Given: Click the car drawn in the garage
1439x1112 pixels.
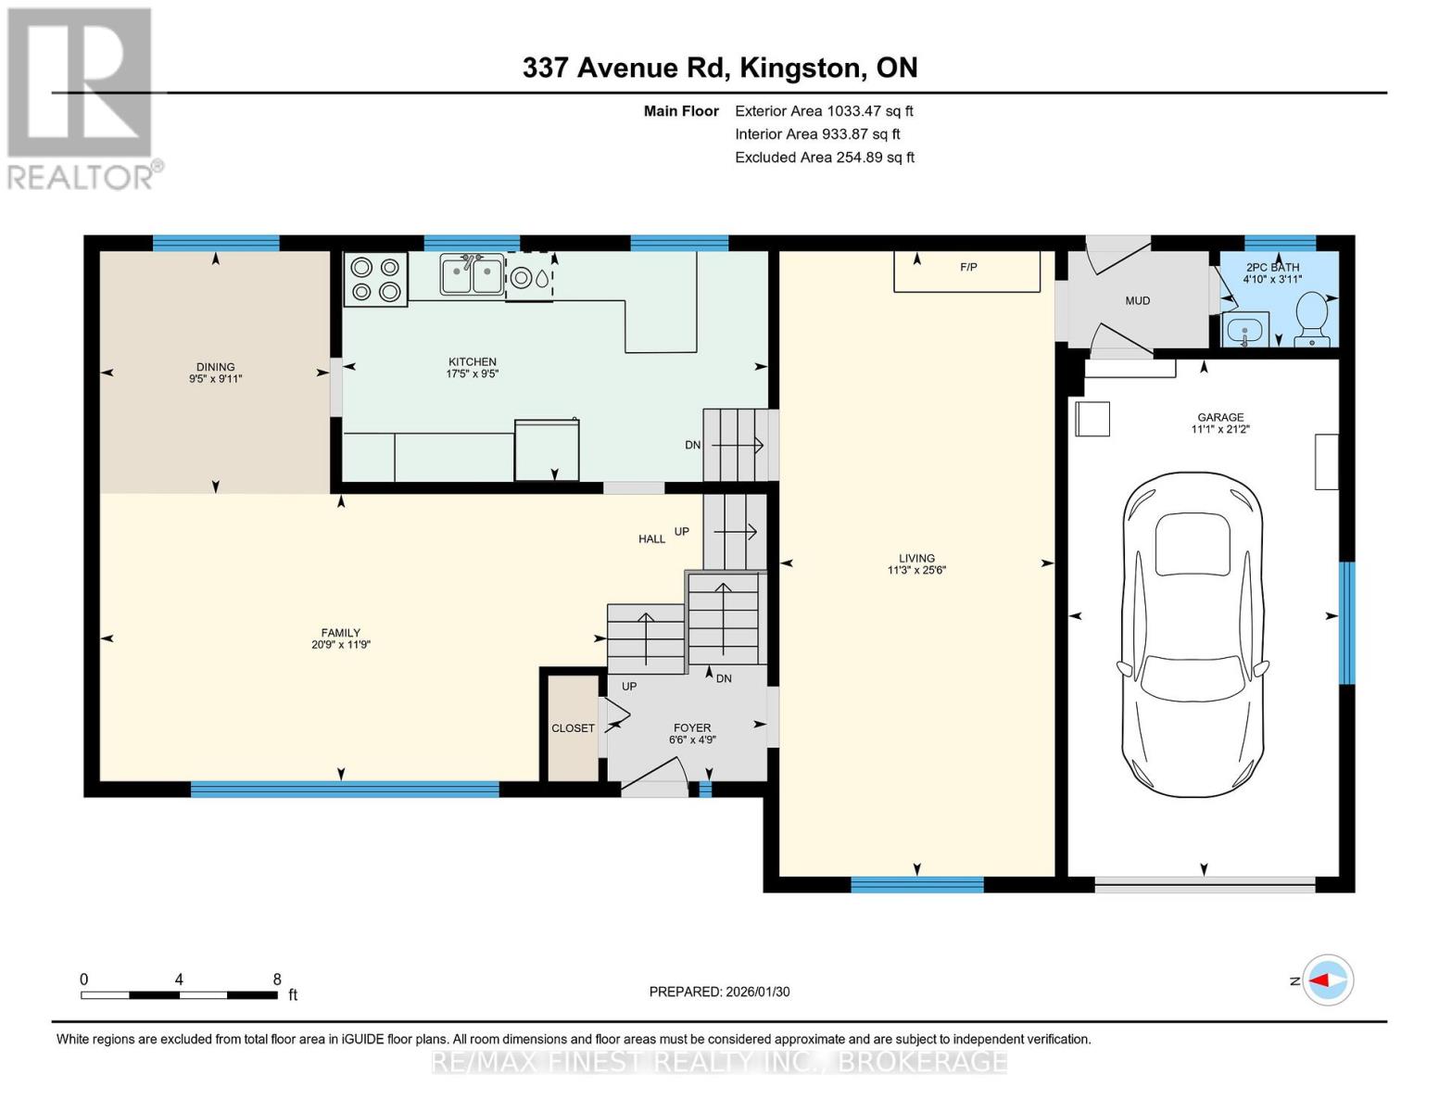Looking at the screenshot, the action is (x=1193, y=635).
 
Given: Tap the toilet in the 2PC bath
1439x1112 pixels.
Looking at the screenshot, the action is (x=1311, y=319).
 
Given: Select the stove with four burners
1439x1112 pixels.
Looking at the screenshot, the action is (x=375, y=279).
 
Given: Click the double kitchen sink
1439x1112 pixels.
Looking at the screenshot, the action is (x=472, y=274).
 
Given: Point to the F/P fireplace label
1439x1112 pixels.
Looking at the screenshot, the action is (x=968, y=267).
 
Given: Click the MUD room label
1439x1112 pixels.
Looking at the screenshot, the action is (x=1138, y=300).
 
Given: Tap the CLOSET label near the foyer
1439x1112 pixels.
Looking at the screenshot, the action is (x=573, y=727).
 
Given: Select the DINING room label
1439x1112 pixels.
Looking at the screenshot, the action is (x=215, y=367).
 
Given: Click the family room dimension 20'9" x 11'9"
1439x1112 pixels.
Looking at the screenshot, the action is (x=341, y=644).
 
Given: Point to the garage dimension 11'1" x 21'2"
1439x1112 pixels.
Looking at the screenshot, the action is (x=1220, y=429).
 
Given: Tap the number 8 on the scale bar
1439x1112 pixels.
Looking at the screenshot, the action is (x=277, y=979).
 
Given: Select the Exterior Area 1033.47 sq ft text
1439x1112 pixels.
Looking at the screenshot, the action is (x=824, y=111).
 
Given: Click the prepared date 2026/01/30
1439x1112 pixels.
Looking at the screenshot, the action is (x=758, y=992).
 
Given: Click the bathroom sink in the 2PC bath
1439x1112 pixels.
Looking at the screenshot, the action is (x=1245, y=329).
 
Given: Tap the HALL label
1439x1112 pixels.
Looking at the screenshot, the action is (x=651, y=539).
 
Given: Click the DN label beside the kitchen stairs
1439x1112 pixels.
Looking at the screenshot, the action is (x=693, y=445).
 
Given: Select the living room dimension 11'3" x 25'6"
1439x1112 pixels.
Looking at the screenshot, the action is (x=916, y=570).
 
